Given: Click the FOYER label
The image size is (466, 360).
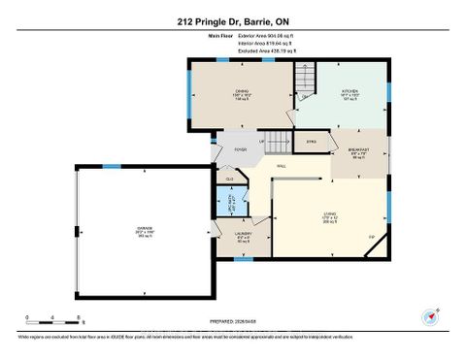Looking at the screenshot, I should (239, 149).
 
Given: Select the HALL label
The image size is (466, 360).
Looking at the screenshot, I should (281, 166).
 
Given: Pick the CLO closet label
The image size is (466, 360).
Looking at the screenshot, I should (229, 180).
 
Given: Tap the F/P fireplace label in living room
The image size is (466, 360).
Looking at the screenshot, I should (371, 238).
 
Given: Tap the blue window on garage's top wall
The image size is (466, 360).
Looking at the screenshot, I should (112, 166).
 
